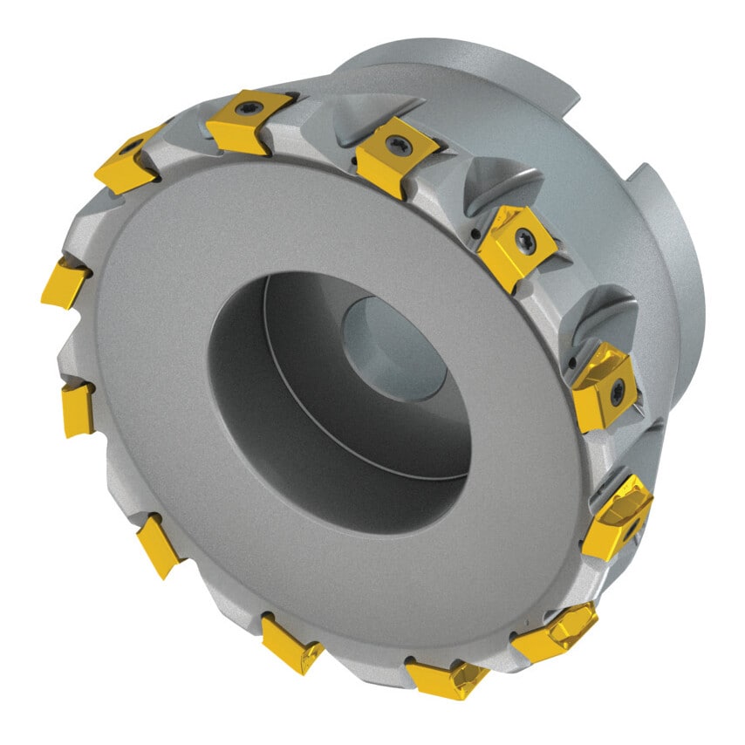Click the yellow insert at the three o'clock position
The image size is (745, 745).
coord(604,385)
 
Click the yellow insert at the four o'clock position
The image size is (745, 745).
coord(618,516)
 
